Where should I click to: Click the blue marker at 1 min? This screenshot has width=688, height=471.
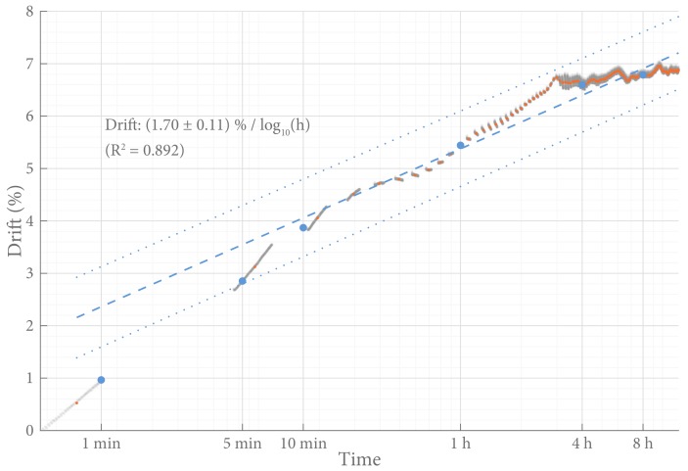click(101, 380)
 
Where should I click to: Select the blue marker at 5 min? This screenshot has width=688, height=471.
click(243, 281)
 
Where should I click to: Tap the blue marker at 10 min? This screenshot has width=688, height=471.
click(303, 228)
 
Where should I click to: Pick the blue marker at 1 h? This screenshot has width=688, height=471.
click(461, 146)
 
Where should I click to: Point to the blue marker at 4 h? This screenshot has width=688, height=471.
click(583, 86)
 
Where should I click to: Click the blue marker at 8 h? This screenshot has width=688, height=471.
click(643, 74)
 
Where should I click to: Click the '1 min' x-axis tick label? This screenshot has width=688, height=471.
click(101, 444)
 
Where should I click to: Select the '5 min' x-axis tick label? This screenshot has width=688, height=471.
click(243, 444)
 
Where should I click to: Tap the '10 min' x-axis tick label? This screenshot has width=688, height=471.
click(303, 444)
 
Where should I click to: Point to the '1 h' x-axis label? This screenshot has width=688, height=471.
click(461, 444)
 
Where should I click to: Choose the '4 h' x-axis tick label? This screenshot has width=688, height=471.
click(582, 444)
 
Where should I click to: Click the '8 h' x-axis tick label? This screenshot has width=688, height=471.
click(643, 444)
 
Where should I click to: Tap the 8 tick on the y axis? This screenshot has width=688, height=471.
click(29, 12)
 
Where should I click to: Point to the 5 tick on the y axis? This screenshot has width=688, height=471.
click(29, 168)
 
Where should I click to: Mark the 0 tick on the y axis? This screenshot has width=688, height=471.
click(29, 430)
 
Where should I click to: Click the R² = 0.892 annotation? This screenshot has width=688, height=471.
click(144, 151)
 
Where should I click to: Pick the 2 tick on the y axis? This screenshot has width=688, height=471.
click(29, 325)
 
